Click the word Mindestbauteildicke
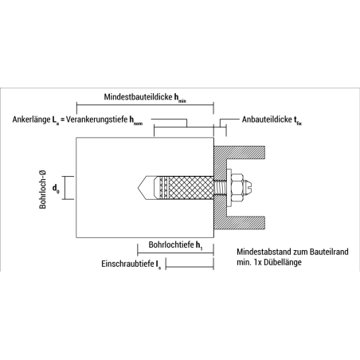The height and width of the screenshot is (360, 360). [138, 97]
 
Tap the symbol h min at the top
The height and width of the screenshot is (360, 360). [180, 98]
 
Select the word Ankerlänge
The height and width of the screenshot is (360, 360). [31, 119]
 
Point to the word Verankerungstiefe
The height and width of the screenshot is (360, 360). [96, 119]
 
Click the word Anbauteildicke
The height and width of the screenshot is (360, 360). [267, 119]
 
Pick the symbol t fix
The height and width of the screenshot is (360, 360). [298, 120]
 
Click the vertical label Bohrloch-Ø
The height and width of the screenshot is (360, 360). [42, 190]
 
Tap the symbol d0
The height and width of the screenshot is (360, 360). [56, 189]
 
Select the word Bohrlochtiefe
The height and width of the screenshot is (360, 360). [171, 245]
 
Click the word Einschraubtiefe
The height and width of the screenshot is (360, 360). [127, 264]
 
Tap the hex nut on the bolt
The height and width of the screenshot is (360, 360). [237, 187]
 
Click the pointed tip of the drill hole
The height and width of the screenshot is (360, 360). [138, 187]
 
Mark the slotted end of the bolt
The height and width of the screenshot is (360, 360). [248, 187]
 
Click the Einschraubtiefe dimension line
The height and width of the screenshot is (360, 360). [190, 266]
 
